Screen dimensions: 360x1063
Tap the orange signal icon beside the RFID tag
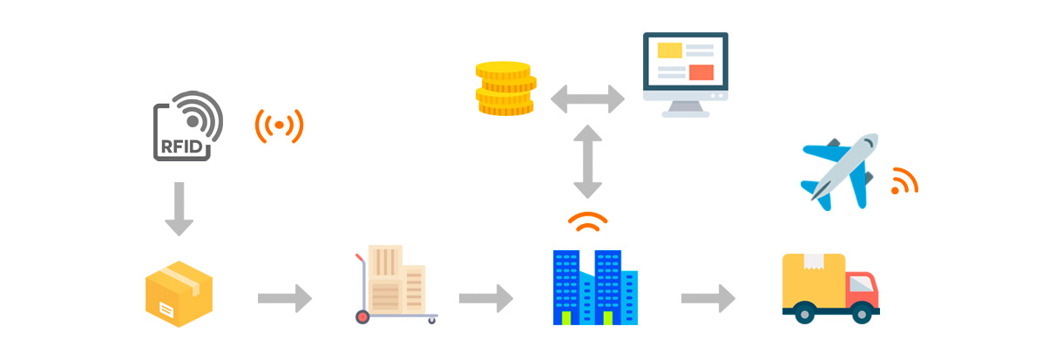click(279, 126)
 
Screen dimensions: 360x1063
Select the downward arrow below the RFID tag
click(179, 209)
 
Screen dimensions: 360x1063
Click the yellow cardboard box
click(179, 294)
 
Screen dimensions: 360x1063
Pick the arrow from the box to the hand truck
click(285, 298)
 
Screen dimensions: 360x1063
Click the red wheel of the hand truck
click(362, 316)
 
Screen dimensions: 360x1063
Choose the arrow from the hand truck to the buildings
click(486, 298)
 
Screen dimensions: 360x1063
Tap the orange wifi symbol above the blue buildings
click(588, 222)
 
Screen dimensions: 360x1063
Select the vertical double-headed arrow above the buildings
click(588, 160)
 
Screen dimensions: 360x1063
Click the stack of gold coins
click(504, 88)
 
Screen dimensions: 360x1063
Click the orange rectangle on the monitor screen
click(701, 72)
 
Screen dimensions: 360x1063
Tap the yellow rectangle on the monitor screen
click(670, 51)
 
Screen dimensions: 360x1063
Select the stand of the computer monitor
click(686, 109)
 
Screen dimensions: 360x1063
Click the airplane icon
click(839, 170)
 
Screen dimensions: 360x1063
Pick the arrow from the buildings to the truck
click(708, 298)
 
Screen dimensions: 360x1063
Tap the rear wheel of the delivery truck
click(804, 312)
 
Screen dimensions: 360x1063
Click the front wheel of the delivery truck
click(863, 312)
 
